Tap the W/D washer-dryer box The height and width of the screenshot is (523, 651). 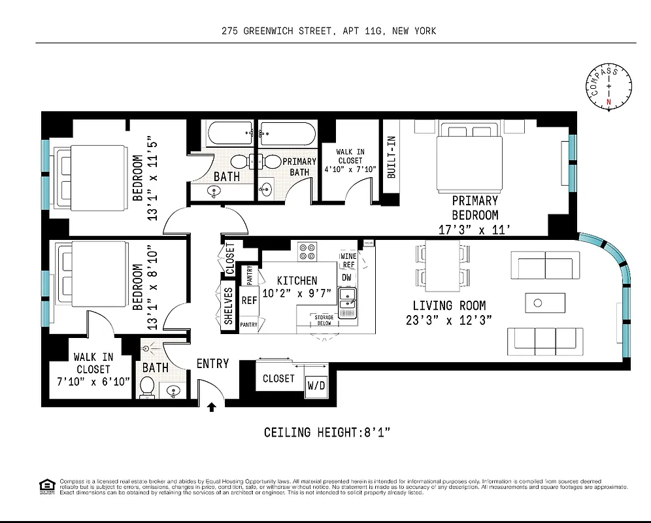pyautogui.click(x=316, y=386)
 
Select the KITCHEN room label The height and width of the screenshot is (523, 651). pyautogui.click(x=297, y=280)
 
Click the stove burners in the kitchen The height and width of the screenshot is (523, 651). pyautogui.click(x=307, y=252)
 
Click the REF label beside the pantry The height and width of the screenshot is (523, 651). pyautogui.click(x=249, y=301)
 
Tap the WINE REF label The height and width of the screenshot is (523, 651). pyautogui.click(x=348, y=261)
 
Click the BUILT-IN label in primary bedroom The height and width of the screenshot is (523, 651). pyautogui.click(x=392, y=157)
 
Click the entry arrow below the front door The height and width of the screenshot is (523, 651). pyautogui.click(x=211, y=407)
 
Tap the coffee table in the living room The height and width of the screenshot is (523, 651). pyautogui.click(x=544, y=303)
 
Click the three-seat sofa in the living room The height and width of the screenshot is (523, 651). pyautogui.click(x=545, y=341)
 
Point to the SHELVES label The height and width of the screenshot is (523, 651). pyautogui.click(x=229, y=307)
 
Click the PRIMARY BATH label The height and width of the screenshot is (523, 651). pyautogui.click(x=299, y=167)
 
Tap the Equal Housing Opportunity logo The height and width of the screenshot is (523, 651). pyautogui.click(x=47, y=485)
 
